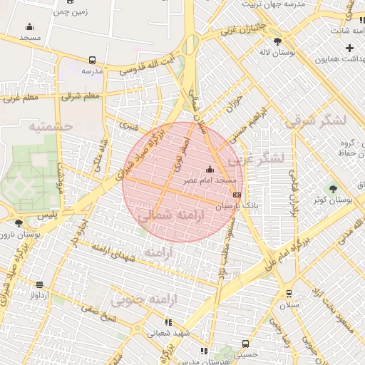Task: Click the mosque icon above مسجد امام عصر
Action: [210, 170]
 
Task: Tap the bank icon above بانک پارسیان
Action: [237, 195]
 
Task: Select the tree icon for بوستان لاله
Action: [287, 40]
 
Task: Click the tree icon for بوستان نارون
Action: [19, 223]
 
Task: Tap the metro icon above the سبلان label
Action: [289, 294]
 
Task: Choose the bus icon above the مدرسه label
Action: [92, 61]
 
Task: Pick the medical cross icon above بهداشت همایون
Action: [349, 48]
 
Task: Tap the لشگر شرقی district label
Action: [315, 121]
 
